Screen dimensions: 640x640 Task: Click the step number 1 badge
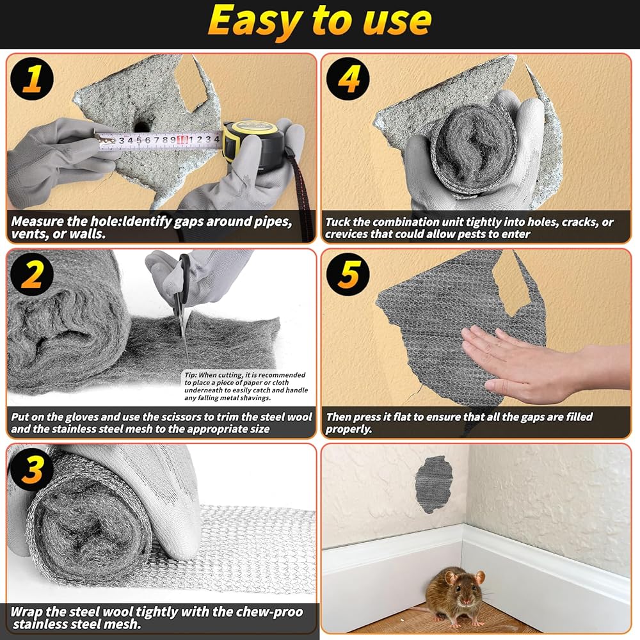[32, 79]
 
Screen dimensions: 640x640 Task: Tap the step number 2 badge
[32, 274]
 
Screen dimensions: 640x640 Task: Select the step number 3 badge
[32, 469]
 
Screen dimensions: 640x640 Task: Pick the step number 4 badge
[348, 79]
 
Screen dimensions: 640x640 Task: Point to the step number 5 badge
[348, 274]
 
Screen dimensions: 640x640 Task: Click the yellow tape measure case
[253, 145]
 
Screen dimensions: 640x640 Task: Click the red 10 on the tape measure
[182, 140]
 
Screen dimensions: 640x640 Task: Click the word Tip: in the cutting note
[191, 375]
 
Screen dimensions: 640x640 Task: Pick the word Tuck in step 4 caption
[338, 222]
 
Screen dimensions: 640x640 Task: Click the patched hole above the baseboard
[433, 484]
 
